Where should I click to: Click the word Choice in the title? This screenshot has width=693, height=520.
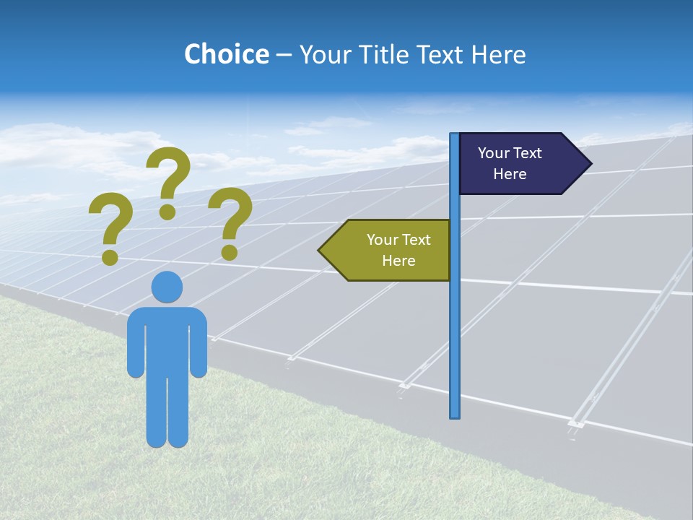[x=226, y=54]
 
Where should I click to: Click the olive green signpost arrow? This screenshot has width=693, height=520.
[x=390, y=250]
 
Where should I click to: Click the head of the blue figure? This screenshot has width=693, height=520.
[x=167, y=287]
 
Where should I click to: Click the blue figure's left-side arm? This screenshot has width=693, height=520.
[x=135, y=347]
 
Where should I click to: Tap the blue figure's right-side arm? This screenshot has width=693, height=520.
[x=199, y=347]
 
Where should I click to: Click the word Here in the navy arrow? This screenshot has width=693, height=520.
[x=510, y=174]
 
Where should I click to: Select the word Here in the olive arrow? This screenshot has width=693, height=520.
[x=398, y=261]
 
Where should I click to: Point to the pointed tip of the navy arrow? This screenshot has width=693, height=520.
[x=590, y=163]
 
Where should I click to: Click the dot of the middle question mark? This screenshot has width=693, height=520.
[x=167, y=212]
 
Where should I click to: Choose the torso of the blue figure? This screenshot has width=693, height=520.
[x=167, y=339]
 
